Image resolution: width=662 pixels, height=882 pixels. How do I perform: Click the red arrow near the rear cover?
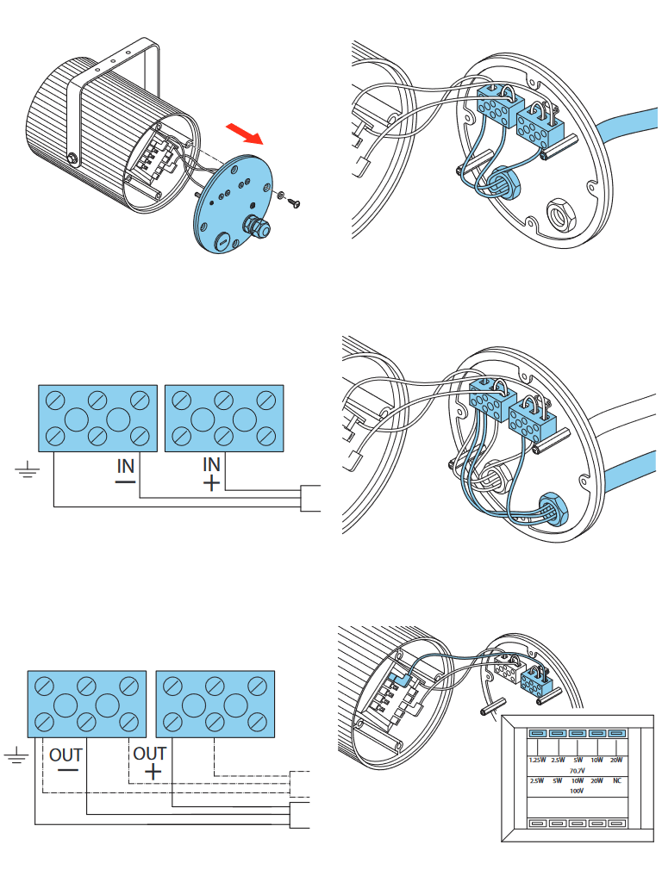pos(245,134)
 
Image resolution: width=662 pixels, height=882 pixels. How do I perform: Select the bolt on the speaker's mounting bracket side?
pos(72,158)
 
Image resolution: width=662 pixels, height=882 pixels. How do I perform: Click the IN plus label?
pos(211,472)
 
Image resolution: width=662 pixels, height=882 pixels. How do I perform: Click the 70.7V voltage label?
pos(578,770)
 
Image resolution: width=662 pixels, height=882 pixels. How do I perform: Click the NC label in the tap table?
pos(616,780)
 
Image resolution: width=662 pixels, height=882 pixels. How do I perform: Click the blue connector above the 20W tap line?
pos(616,734)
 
